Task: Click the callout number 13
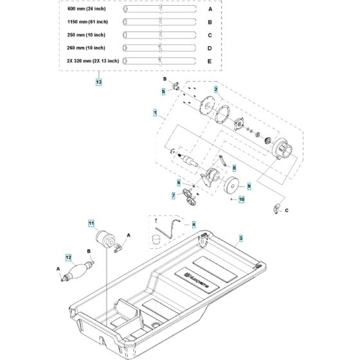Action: click(x=98, y=82)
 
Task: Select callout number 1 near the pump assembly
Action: click(x=155, y=112)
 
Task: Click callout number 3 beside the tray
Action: click(x=193, y=224)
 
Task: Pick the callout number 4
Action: click(x=163, y=92)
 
